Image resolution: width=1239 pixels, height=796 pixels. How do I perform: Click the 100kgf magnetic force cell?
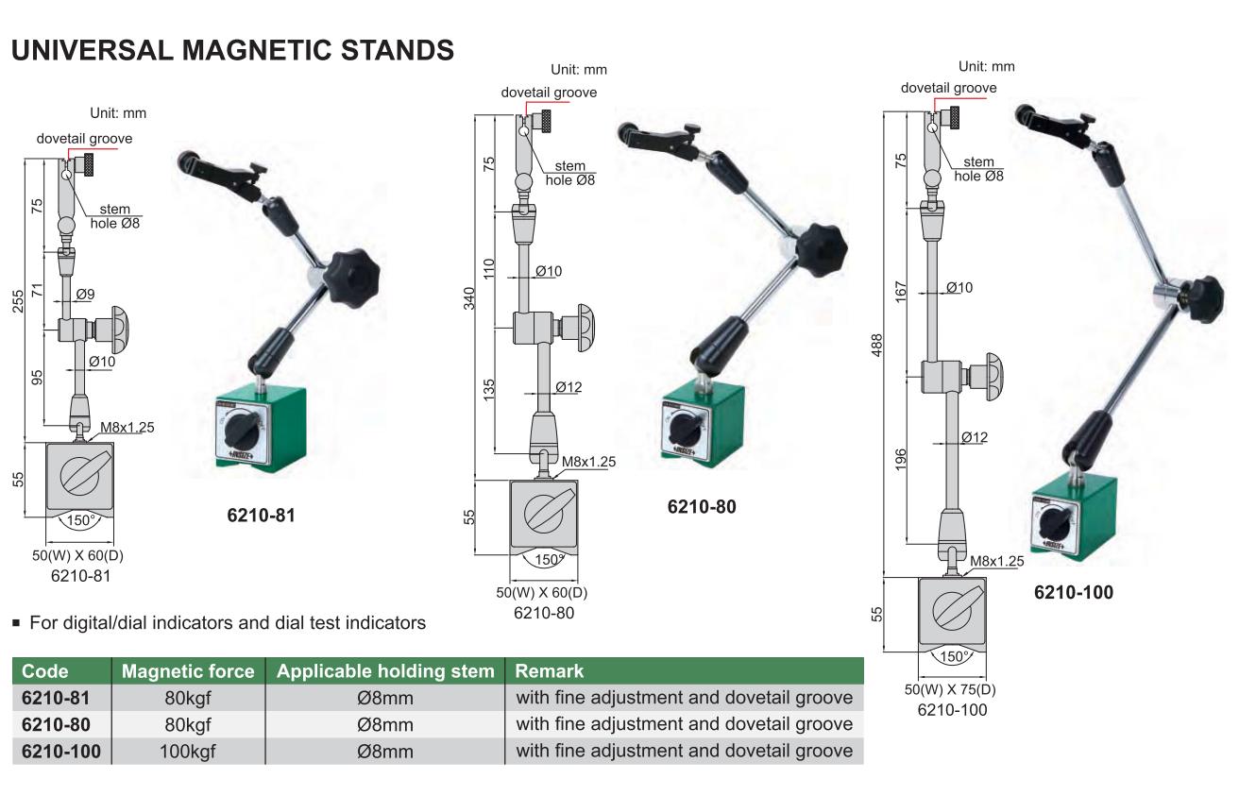click(x=188, y=752)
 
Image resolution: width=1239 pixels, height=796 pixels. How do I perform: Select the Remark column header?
click(x=549, y=671)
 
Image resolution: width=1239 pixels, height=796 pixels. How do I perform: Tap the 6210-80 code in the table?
click(x=56, y=724)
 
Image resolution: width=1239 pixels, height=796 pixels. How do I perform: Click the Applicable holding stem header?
click(x=385, y=671)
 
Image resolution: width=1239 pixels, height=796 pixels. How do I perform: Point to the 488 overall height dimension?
click(x=876, y=346)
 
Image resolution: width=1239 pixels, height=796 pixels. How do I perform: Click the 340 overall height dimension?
click(x=469, y=298)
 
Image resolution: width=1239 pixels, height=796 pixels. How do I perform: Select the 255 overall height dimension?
click(x=18, y=301)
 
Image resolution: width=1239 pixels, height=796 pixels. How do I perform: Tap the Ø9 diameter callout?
click(x=85, y=295)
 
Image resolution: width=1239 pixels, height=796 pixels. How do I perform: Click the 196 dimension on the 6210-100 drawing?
click(x=901, y=460)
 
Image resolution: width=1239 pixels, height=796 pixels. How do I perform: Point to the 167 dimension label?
click(x=901, y=293)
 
